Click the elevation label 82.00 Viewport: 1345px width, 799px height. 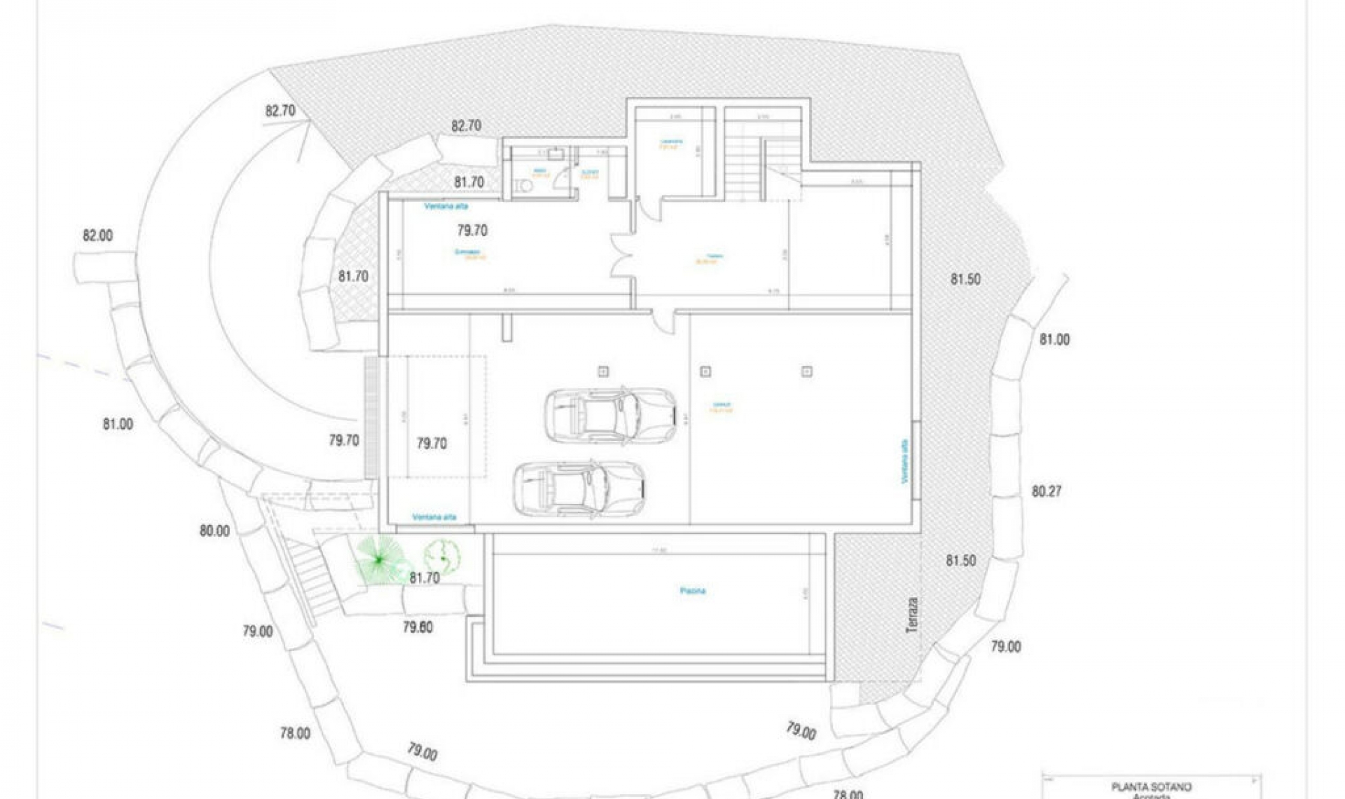(x=97, y=235)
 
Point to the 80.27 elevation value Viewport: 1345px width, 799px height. (x=1047, y=491)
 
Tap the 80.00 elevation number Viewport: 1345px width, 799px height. (x=214, y=531)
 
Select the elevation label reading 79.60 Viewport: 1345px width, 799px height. (x=418, y=627)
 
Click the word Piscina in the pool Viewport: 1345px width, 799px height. (x=693, y=591)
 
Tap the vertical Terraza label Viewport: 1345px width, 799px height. (x=911, y=616)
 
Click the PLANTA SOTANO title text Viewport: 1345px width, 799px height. (x=1151, y=787)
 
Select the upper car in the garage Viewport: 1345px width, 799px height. (x=610, y=416)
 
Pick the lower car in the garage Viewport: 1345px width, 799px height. (x=580, y=489)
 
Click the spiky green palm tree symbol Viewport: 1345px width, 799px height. (x=379, y=559)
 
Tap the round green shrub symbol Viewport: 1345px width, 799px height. (x=442, y=557)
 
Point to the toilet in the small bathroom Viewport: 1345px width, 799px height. (x=521, y=185)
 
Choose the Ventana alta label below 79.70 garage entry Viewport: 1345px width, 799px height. (x=434, y=517)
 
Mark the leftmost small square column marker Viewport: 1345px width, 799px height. (x=603, y=371)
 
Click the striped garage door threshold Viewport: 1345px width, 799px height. (x=371, y=418)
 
